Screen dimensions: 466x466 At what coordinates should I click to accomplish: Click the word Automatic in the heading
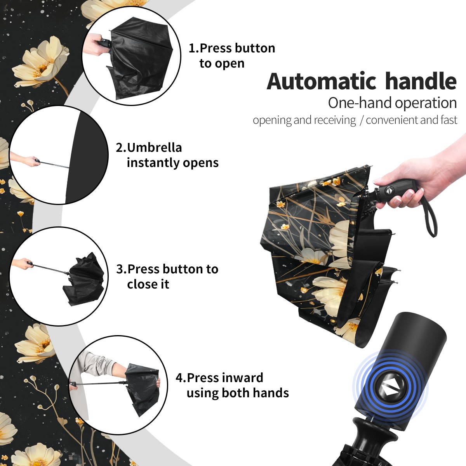pos(322,82)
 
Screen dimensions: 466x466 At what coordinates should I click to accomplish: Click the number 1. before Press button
pos(194,48)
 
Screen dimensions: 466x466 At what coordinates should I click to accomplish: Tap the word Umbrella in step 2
pos(154,148)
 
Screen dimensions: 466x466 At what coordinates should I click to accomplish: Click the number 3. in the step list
pos(122,269)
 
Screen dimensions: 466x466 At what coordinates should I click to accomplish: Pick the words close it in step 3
pos(148,284)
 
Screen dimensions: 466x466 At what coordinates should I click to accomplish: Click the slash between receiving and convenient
pos(361,120)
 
